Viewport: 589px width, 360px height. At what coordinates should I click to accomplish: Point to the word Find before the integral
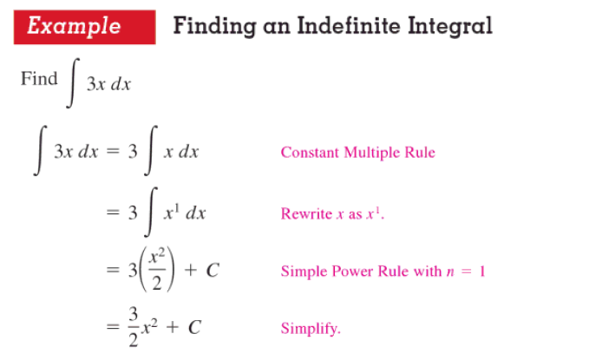click(x=39, y=78)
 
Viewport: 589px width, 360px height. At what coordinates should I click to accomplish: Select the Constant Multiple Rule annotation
click(x=357, y=153)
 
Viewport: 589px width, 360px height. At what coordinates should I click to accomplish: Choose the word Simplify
click(x=311, y=329)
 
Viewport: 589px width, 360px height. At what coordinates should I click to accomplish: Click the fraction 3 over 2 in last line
click(x=133, y=327)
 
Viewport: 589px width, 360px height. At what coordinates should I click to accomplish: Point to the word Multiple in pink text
click(x=374, y=153)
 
